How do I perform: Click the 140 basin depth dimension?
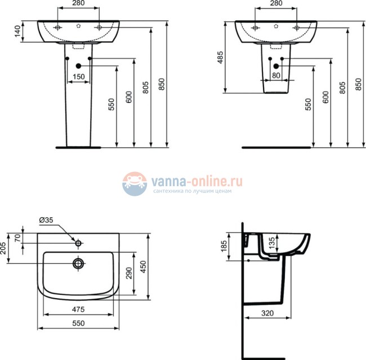point(18,33)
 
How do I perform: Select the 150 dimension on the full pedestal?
point(79,76)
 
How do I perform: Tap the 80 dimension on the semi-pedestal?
point(276,75)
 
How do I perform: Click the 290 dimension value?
point(129,273)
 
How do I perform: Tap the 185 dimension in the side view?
point(224,246)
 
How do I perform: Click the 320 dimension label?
point(267,313)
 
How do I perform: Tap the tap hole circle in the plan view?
point(78,243)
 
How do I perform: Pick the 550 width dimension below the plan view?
point(79,324)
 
